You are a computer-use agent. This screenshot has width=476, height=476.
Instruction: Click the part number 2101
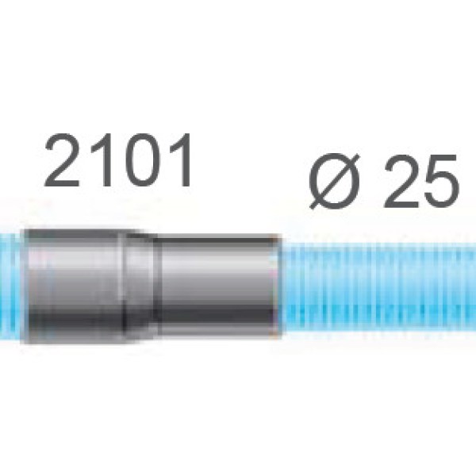click(x=118, y=159)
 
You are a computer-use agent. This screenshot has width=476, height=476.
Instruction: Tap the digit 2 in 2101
click(x=62, y=159)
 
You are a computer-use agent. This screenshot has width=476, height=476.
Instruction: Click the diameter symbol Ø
click(x=335, y=182)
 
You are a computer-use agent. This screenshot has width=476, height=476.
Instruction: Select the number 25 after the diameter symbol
click(x=421, y=181)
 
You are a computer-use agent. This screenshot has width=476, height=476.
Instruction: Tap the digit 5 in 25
click(x=441, y=182)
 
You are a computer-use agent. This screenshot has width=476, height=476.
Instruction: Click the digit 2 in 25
click(x=401, y=181)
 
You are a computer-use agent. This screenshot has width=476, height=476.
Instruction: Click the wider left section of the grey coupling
click(x=74, y=286)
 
